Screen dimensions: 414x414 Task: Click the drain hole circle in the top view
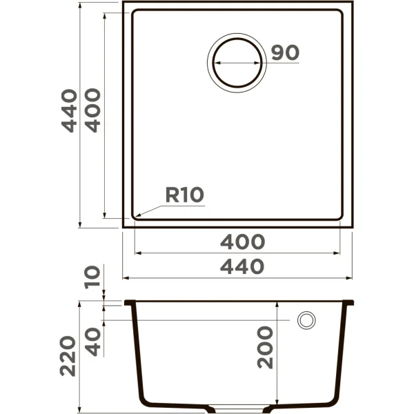[x=237, y=61]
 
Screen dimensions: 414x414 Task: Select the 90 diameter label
[x=284, y=53]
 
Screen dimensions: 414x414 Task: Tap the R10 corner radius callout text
[x=184, y=195]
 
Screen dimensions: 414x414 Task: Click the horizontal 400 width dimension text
[x=242, y=242]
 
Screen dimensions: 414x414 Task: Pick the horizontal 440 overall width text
[x=242, y=267]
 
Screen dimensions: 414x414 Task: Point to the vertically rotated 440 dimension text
[x=68, y=110]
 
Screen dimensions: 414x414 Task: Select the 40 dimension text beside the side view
[x=92, y=341]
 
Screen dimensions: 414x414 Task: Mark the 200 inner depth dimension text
[x=266, y=347]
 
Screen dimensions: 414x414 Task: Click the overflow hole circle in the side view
[x=306, y=320]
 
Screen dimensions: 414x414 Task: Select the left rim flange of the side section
[x=130, y=303]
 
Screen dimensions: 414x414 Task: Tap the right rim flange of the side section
[x=348, y=303]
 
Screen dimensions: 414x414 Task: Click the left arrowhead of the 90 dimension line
[x=213, y=62]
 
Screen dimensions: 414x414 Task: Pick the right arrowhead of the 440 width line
[x=353, y=278]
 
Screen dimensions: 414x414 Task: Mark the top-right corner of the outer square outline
[x=353, y=2]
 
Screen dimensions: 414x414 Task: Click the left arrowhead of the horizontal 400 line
[x=134, y=253]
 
